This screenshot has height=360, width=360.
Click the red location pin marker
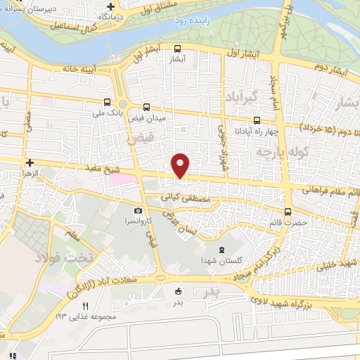click(x=181, y=165)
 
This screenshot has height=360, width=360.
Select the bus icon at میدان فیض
click(x=146, y=107)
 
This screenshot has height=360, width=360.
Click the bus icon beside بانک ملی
click(x=106, y=101)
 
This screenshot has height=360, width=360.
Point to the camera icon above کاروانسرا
click(x=139, y=211)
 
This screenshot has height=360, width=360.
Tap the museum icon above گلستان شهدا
click(x=222, y=250)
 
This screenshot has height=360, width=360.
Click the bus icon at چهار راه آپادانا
click(x=257, y=120)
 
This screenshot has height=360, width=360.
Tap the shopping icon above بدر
click(x=177, y=292)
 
